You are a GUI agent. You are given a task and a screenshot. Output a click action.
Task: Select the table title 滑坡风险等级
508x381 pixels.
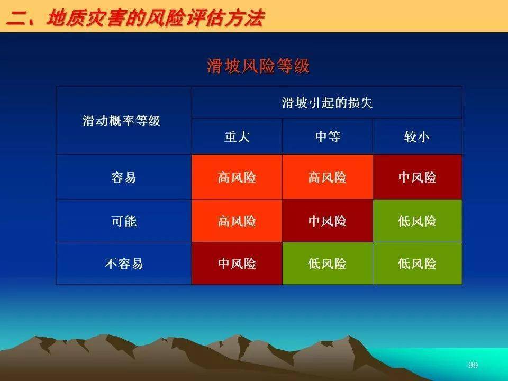[258, 66]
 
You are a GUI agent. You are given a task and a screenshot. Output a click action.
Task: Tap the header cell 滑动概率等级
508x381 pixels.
[122, 121]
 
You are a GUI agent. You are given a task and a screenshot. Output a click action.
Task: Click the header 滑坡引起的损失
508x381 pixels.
[327, 103]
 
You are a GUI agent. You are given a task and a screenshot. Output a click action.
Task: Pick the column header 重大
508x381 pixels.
[237, 137]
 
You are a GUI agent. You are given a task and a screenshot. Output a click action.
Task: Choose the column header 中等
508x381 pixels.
[328, 137]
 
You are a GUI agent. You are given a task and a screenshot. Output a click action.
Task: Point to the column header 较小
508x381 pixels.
[417, 137]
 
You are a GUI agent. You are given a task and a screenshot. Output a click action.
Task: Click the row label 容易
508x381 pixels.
[123, 177]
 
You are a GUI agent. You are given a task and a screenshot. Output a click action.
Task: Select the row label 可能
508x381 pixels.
[124, 221]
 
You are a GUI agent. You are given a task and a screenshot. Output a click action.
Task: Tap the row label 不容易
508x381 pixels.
[124, 264]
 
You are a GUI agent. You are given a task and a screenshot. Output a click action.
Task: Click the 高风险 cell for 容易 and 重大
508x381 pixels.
[237, 177]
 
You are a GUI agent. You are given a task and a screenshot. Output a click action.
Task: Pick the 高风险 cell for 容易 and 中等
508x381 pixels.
[328, 177]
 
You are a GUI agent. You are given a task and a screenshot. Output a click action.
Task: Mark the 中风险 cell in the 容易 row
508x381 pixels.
[418, 177]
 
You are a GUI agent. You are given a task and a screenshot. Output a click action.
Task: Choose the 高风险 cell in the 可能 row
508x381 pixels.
[237, 221]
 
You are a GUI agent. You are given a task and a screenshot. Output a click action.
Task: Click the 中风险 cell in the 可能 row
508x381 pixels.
[328, 221]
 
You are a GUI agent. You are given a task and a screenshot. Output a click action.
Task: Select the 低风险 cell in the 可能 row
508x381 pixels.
[418, 221]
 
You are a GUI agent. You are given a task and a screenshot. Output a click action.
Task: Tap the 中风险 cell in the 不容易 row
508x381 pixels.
[237, 264]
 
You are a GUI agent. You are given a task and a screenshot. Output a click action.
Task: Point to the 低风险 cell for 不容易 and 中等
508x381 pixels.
[328, 264]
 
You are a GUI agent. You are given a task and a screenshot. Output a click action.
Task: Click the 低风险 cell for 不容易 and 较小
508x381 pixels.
[418, 264]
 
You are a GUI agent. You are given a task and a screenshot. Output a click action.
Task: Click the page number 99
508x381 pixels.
[473, 365]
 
